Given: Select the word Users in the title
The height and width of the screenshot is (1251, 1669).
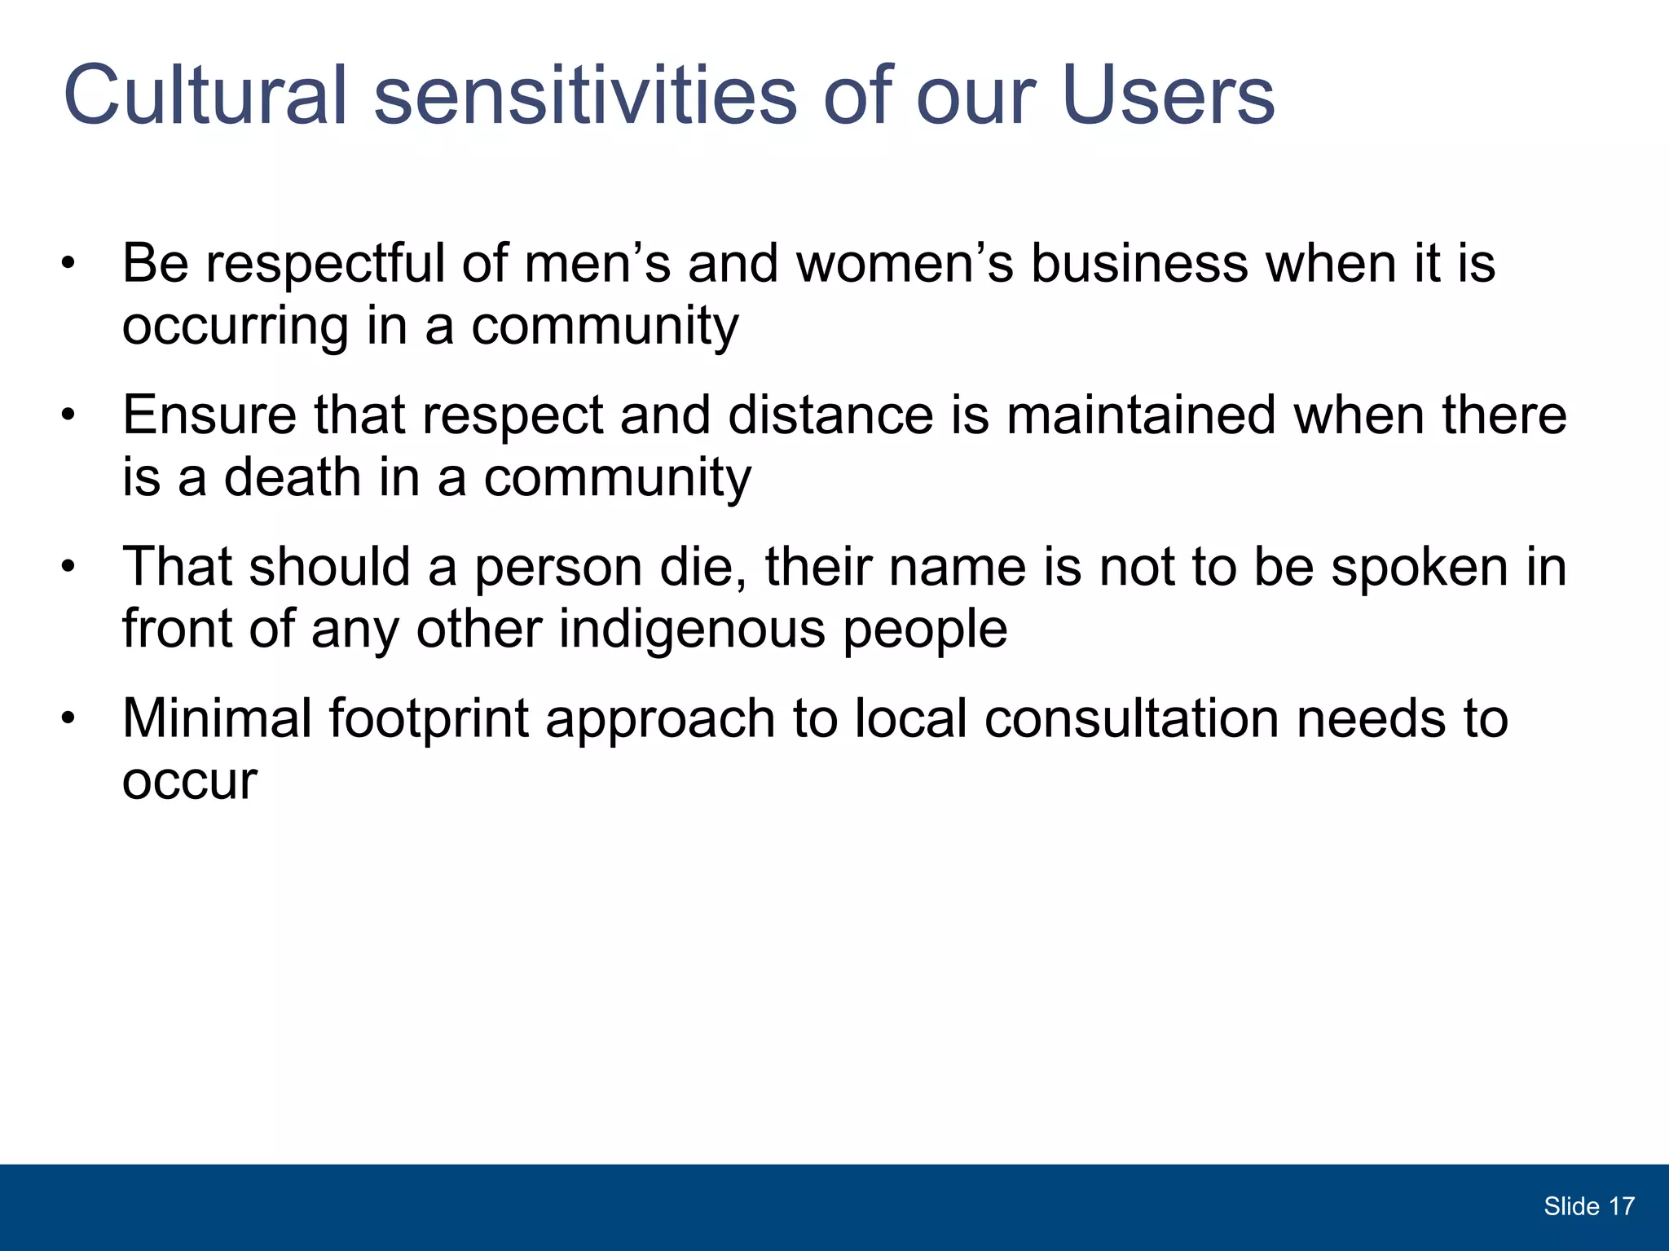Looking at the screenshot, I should [1168, 95].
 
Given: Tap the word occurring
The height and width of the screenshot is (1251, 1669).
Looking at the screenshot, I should [235, 326].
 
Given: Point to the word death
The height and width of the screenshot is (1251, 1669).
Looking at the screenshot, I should [293, 476].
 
